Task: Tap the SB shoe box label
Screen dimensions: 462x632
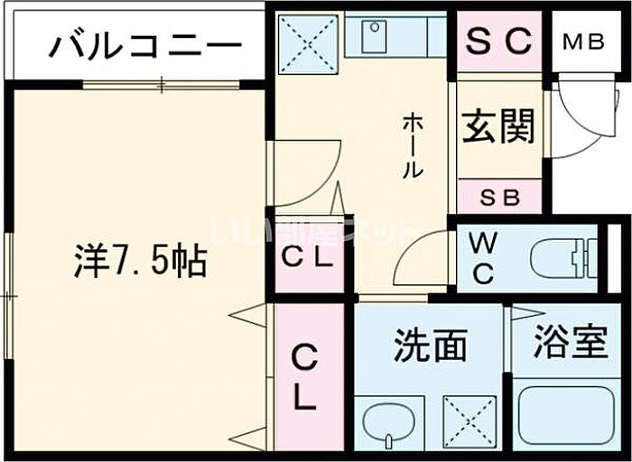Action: [x=498, y=196]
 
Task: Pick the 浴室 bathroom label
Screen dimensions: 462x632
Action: [x=570, y=343]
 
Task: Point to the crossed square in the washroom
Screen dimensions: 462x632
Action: [x=470, y=420]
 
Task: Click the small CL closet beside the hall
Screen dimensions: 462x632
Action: [x=309, y=256]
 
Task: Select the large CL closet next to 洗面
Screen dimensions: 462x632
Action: [x=306, y=379]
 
